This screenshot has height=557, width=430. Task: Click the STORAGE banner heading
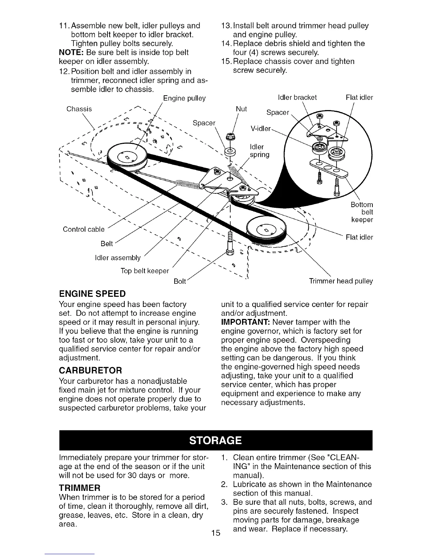click(x=216, y=440)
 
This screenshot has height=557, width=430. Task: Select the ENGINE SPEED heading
click(x=92, y=294)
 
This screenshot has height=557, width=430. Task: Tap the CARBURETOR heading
click(x=91, y=371)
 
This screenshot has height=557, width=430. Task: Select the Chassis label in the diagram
click(x=79, y=109)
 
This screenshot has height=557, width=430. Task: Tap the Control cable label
click(x=84, y=230)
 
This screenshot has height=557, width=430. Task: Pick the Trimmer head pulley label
click(x=341, y=281)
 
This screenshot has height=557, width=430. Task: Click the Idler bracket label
click(x=297, y=97)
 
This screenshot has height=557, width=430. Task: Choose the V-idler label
click(x=260, y=128)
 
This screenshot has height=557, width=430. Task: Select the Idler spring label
click(x=259, y=151)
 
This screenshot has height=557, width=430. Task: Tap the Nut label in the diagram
click(x=241, y=109)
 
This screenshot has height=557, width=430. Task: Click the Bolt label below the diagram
click(x=180, y=282)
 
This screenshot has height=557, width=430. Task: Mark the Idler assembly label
click(x=118, y=258)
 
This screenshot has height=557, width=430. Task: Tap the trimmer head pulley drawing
click(x=265, y=229)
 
